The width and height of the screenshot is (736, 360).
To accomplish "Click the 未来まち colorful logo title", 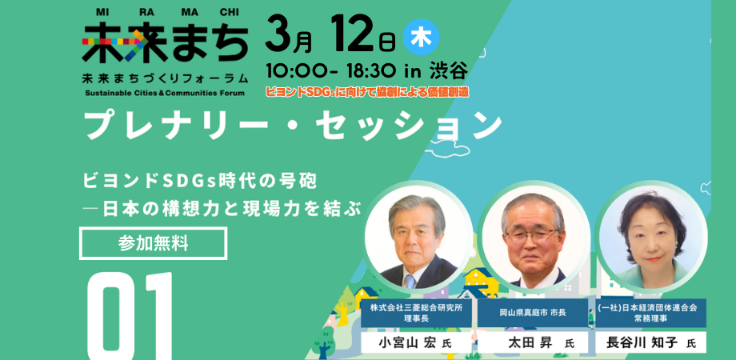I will [x=165, y=42].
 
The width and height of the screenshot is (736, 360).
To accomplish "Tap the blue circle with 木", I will [x=421, y=37].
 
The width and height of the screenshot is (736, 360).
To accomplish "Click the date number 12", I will [x=353, y=34].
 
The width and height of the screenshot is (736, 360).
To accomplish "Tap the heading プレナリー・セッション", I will [x=293, y=125].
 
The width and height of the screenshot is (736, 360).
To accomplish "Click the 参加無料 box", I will [x=153, y=243].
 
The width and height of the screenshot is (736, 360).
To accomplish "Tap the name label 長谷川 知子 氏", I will [x=650, y=342].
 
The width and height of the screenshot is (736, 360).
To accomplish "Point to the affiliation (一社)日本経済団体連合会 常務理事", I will [x=650, y=312].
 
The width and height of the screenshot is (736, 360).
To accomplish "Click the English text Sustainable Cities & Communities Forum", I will [x=165, y=93].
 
